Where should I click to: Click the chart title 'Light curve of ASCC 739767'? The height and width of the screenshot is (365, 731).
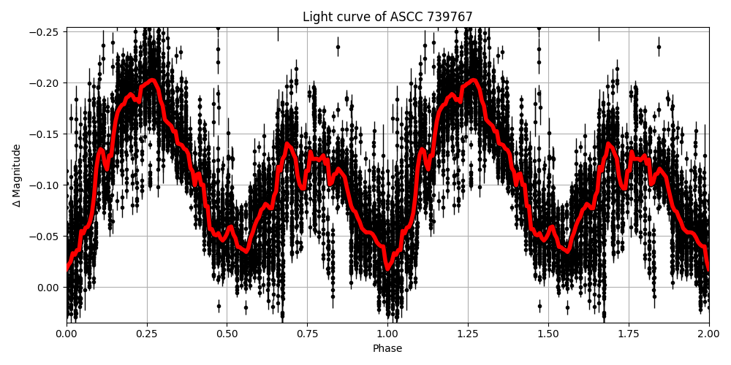click(x=387, y=17)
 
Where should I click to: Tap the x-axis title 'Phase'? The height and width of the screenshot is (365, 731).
click(x=387, y=349)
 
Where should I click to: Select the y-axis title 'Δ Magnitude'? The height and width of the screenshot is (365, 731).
click(x=16, y=175)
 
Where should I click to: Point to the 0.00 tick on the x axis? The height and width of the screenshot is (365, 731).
click(x=67, y=334)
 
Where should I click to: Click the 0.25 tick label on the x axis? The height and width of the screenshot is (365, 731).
click(x=147, y=334)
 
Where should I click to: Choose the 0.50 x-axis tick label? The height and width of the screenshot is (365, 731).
click(x=227, y=334)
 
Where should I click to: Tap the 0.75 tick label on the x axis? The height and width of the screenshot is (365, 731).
click(x=307, y=334)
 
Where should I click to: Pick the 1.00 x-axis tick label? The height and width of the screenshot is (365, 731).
click(x=387, y=334)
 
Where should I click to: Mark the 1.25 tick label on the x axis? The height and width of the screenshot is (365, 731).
click(x=468, y=334)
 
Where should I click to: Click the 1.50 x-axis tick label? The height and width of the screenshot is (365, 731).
click(x=548, y=334)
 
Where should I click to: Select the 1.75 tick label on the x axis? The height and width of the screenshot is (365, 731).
click(x=629, y=334)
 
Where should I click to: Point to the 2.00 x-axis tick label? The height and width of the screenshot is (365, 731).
click(x=708, y=334)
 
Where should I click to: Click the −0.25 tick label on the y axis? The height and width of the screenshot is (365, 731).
click(x=45, y=32)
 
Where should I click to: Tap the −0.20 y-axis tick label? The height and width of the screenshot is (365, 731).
click(x=45, y=83)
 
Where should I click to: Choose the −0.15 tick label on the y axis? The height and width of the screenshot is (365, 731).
click(x=45, y=134)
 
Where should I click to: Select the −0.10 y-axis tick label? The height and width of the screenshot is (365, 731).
click(x=45, y=185)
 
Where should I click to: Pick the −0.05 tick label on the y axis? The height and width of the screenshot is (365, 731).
click(x=45, y=237)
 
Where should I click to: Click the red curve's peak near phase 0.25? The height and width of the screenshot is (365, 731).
click(x=152, y=80)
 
